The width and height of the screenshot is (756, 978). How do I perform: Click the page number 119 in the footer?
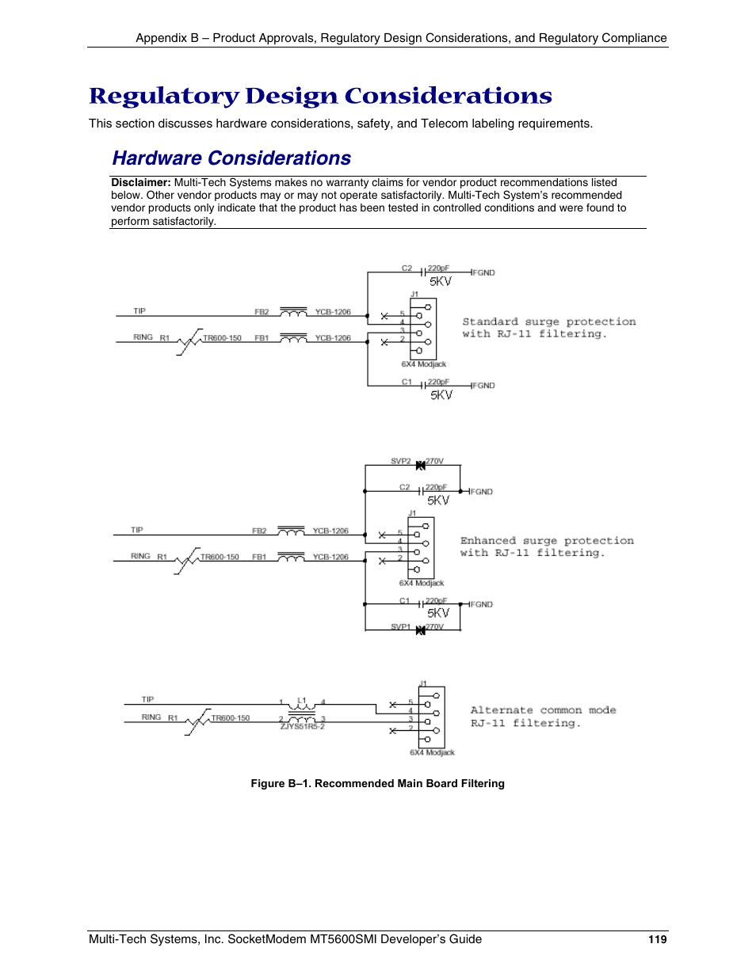click(657, 939)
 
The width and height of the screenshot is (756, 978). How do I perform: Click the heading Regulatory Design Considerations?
click(320, 96)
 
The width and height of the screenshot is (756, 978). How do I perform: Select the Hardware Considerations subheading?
click(231, 158)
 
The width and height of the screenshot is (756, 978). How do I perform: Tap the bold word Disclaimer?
click(140, 183)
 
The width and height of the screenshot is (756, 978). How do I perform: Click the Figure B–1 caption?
click(377, 783)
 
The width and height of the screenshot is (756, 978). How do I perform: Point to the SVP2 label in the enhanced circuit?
click(400, 461)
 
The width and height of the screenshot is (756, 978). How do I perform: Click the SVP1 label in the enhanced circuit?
click(400, 626)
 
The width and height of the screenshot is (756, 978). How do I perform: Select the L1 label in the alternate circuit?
click(301, 701)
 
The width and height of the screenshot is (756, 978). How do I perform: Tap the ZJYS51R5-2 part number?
click(302, 726)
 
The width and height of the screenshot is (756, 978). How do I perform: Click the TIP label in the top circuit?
click(139, 311)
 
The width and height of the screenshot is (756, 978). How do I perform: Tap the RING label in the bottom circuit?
click(151, 717)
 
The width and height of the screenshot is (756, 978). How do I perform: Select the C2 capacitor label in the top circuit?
click(407, 268)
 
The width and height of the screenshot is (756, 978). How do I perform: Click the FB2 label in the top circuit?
click(262, 312)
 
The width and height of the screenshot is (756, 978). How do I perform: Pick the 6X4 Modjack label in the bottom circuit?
click(432, 752)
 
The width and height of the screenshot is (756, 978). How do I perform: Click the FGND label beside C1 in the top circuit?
click(483, 386)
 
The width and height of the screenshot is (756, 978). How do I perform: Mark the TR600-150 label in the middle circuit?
click(220, 557)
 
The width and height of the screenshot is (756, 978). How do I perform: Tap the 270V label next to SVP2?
click(435, 461)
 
